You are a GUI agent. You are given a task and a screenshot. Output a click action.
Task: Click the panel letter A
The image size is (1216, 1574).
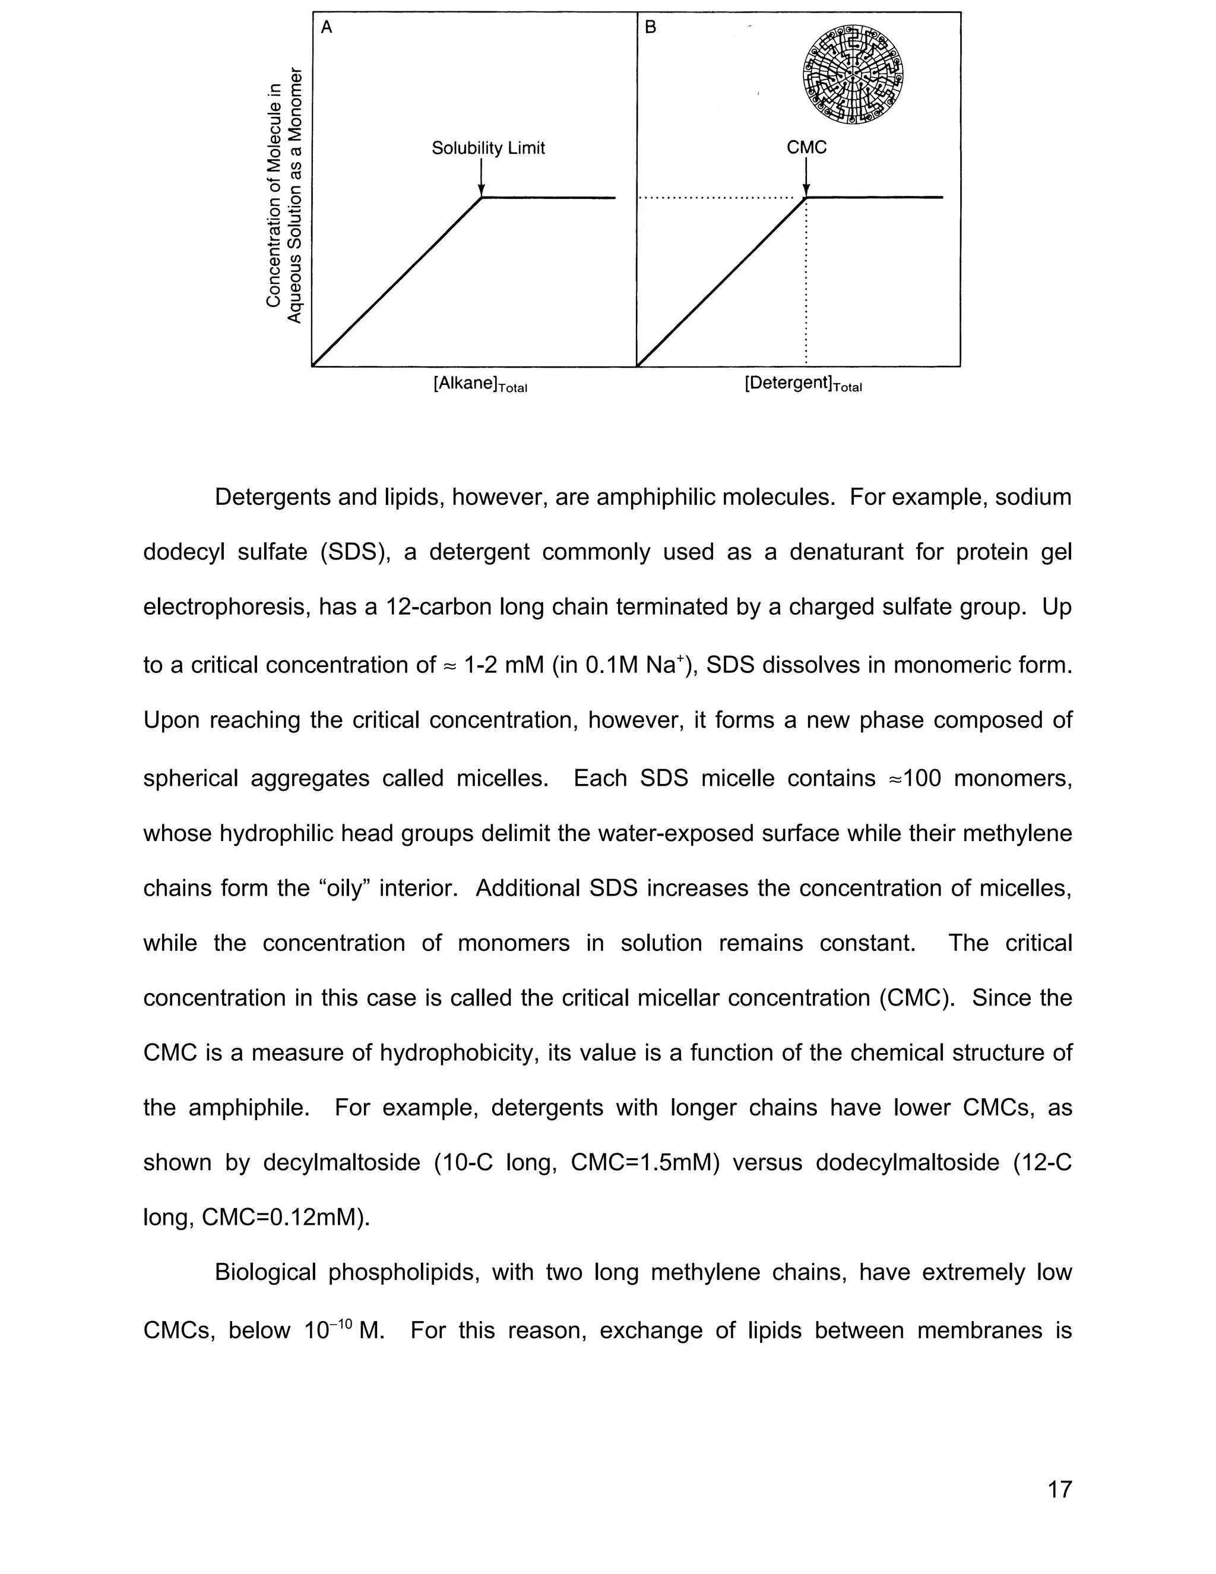(327, 28)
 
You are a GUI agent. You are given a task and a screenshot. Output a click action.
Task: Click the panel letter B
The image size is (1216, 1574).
(651, 28)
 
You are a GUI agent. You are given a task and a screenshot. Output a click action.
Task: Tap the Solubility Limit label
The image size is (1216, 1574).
(487, 148)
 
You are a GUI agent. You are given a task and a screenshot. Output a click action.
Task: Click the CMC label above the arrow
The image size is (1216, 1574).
(806, 147)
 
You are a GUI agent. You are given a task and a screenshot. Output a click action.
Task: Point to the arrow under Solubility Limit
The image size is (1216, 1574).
(481, 176)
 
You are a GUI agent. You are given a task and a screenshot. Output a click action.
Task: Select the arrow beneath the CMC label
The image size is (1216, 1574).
(806, 176)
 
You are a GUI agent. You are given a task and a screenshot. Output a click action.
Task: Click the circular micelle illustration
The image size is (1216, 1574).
(853, 75)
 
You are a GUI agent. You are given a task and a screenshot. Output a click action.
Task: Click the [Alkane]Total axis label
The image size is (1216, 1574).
(480, 384)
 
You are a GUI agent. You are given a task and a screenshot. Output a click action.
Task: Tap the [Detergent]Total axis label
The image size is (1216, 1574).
(803, 384)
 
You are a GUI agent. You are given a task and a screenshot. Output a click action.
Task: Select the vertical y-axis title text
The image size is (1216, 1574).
(283, 196)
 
